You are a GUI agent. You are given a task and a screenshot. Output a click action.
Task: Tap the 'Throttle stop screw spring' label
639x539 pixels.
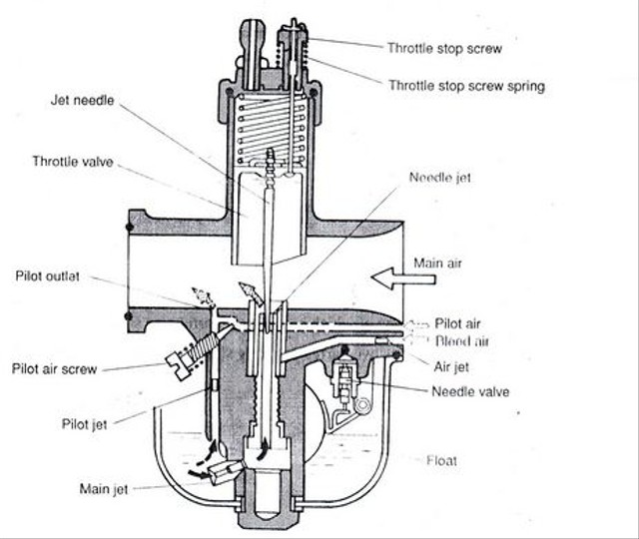[465, 86]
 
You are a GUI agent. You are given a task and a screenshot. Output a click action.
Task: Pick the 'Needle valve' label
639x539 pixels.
[470, 391]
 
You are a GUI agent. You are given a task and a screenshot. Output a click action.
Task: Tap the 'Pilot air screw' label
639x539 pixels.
[54, 368]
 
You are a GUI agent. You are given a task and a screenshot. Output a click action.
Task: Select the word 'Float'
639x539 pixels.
[442, 460]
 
